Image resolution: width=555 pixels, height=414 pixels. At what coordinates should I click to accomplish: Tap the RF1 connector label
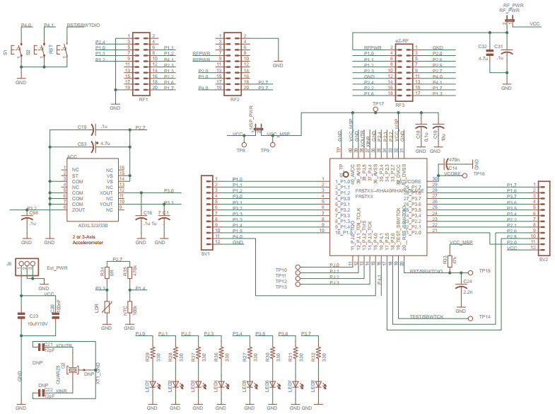coord(143,100)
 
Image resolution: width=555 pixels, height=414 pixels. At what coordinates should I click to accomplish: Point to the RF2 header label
coord(235,100)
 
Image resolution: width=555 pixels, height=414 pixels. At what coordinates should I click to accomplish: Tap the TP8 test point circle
coord(241,142)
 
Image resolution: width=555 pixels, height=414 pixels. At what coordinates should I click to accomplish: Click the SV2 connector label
coord(542,259)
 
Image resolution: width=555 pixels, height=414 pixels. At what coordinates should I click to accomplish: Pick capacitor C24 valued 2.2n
coord(460,287)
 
